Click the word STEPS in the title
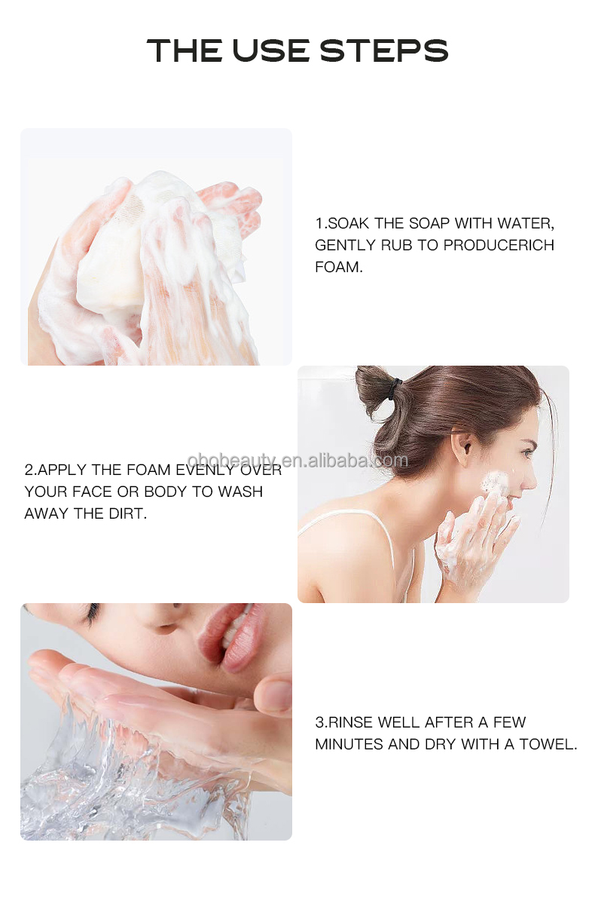tap(383, 51)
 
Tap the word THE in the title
tap(183, 51)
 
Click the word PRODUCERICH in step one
tap(499, 245)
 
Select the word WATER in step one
tap(525, 223)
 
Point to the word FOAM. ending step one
tap(339, 267)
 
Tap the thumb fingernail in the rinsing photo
tap(275, 693)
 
